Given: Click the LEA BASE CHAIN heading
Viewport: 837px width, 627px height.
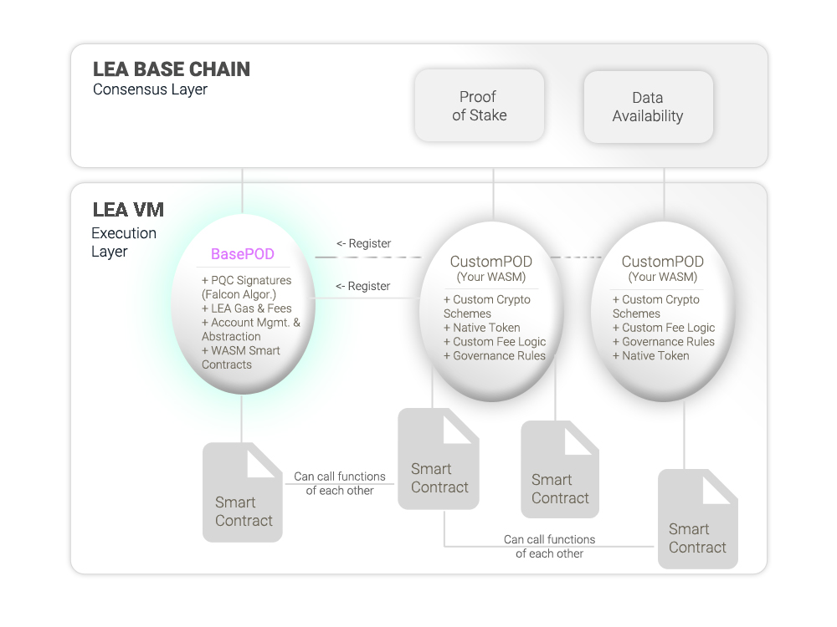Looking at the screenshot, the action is pyautogui.click(x=172, y=69).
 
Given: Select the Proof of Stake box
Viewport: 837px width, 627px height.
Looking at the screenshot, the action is pyautogui.click(x=480, y=105).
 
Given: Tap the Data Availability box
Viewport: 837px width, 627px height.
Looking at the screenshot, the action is pyautogui.click(x=648, y=107).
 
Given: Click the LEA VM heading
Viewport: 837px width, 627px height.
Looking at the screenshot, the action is pyautogui.click(x=128, y=210).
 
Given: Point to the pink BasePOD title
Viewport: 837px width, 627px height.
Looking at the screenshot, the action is pyautogui.click(x=243, y=254).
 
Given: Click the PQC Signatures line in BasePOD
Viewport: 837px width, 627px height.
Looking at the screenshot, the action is pyautogui.click(x=247, y=288).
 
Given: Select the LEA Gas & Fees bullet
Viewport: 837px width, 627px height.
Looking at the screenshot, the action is pyautogui.click(x=247, y=308).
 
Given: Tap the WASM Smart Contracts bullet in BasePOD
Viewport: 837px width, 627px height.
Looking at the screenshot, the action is pyautogui.click(x=241, y=358).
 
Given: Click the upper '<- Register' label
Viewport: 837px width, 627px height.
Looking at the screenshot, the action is pyautogui.click(x=363, y=243).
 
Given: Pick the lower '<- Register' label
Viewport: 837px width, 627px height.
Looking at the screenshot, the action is pyautogui.click(x=363, y=286).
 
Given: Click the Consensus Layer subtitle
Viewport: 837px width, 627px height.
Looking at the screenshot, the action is pyautogui.click(x=150, y=89).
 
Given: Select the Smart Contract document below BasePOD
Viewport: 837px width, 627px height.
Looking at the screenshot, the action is pyautogui.click(x=243, y=492).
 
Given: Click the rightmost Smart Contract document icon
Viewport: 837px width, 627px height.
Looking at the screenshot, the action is pyautogui.click(x=698, y=519).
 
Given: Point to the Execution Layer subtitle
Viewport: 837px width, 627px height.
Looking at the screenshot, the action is pyautogui.click(x=124, y=242).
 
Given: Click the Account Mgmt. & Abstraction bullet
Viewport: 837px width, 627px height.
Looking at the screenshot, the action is pyautogui.click(x=251, y=329).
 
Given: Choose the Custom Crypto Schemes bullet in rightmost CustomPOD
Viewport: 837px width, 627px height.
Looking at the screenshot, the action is pyautogui.click(x=656, y=307).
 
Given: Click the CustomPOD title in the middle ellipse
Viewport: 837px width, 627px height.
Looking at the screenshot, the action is pyautogui.click(x=491, y=262).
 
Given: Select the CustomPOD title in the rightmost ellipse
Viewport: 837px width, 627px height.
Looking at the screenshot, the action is pyautogui.click(x=662, y=262).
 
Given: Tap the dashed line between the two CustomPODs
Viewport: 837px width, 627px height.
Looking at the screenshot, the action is pyautogui.click(x=576, y=257).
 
